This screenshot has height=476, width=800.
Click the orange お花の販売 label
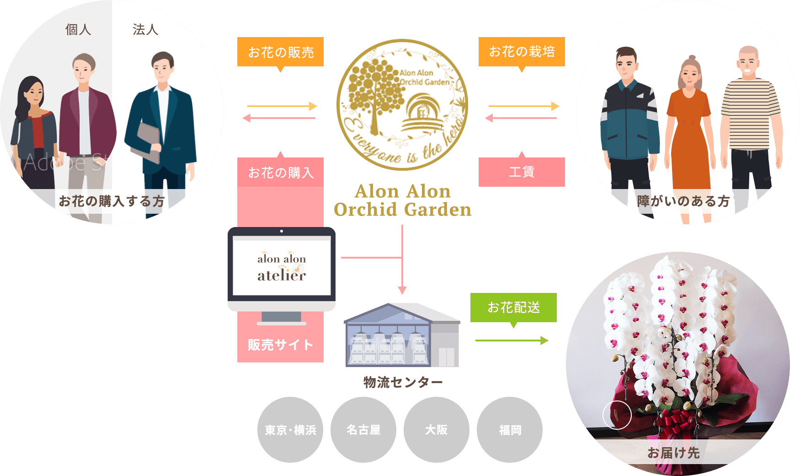(280, 52)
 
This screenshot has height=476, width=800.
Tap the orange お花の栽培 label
(522, 52)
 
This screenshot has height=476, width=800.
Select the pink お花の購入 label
(280, 173)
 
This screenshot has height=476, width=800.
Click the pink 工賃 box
(522, 172)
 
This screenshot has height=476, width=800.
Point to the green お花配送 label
(513, 307)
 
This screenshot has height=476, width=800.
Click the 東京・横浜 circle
(290, 430)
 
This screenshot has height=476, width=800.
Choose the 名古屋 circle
(363, 430)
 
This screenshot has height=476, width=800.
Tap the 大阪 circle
(437, 430)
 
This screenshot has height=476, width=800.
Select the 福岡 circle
(510, 430)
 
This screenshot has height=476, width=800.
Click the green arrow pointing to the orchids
(512, 341)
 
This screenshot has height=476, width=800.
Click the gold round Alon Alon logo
(402, 105)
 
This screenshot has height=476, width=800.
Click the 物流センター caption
(403, 382)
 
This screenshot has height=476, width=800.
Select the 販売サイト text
(280, 345)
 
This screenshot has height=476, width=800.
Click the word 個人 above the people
(78, 30)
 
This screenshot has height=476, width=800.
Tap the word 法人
(145, 30)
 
